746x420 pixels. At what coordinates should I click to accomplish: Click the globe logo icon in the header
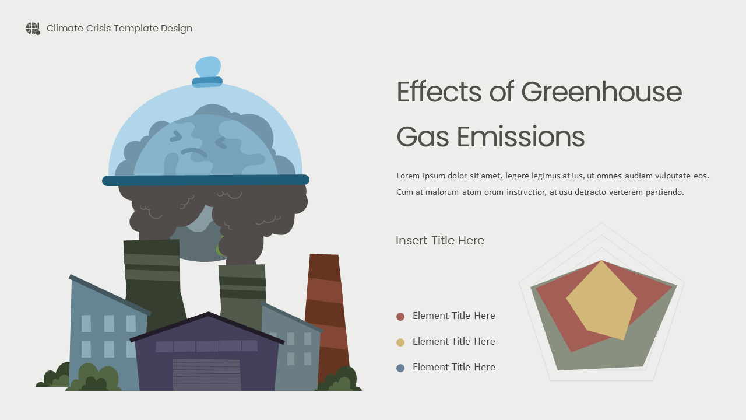click(x=33, y=29)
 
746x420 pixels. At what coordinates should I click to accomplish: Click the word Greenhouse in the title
click(x=601, y=92)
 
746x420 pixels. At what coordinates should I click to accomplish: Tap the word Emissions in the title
click(x=520, y=137)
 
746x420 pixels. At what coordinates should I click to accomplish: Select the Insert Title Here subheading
click(x=440, y=240)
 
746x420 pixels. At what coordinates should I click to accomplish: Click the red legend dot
click(x=400, y=317)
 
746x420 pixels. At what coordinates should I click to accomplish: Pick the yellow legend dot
click(x=400, y=342)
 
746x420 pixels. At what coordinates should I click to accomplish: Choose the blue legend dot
click(x=400, y=368)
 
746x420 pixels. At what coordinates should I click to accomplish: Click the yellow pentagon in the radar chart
click(x=600, y=300)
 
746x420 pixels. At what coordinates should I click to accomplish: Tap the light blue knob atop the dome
click(x=207, y=66)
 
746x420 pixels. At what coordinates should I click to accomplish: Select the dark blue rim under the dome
click(x=205, y=180)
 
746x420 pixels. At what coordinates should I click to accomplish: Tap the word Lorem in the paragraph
click(x=408, y=176)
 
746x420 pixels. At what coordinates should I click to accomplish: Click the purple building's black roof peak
click(x=208, y=316)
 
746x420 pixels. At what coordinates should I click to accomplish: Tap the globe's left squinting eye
click(x=175, y=136)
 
